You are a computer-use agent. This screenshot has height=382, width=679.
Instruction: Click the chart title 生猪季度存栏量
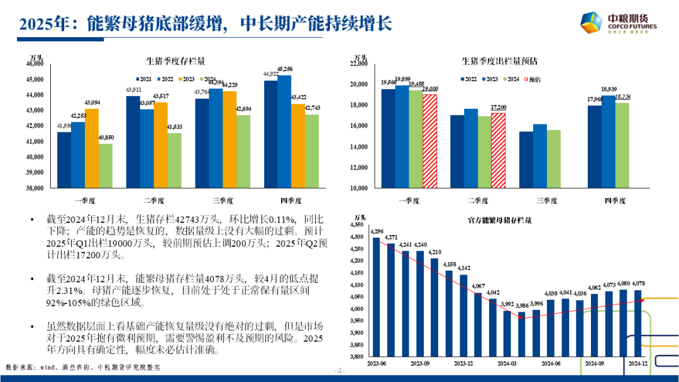pyautogui.click(x=175, y=62)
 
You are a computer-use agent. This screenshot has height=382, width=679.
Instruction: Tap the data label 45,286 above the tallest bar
pyautogui.click(x=284, y=69)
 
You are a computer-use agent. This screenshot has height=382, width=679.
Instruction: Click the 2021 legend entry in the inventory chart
pyautogui.click(x=144, y=79)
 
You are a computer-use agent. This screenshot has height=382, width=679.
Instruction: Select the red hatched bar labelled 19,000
pyautogui.click(x=429, y=141)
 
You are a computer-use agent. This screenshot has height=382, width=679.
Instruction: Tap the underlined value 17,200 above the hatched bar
pyautogui.click(x=497, y=108)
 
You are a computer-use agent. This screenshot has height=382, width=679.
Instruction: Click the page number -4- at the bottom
pyautogui.click(x=339, y=371)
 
